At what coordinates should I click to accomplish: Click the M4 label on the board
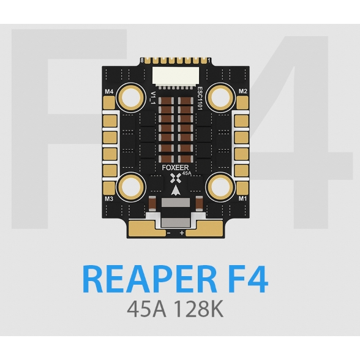click(109, 92)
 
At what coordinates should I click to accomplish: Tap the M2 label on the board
click(243, 91)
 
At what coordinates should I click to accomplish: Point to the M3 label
click(109, 198)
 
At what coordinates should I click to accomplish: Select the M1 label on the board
click(242, 198)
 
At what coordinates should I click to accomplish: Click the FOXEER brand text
click(175, 168)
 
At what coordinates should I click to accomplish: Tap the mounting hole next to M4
click(131, 98)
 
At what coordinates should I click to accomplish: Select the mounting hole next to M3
click(131, 187)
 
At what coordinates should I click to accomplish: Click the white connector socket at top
click(176, 76)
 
